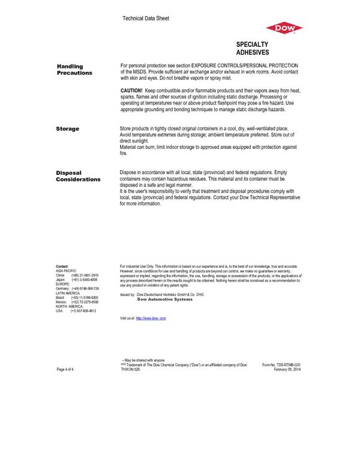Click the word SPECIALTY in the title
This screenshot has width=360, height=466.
click(x=252, y=45)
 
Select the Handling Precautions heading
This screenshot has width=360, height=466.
click(x=74, y=69)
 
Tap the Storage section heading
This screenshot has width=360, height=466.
click(x=68, y=129)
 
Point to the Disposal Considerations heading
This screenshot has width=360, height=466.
click(x=78, y=176)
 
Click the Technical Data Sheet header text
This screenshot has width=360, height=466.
click(x=145, y=19)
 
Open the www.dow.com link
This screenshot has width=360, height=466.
click(x=151, y=318)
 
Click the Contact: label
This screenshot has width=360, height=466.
click(x=62, y=266)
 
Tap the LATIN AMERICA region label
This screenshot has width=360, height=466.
click(x=68, y=292)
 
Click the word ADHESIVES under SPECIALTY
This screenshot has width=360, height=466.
click(x=252, y=53)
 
